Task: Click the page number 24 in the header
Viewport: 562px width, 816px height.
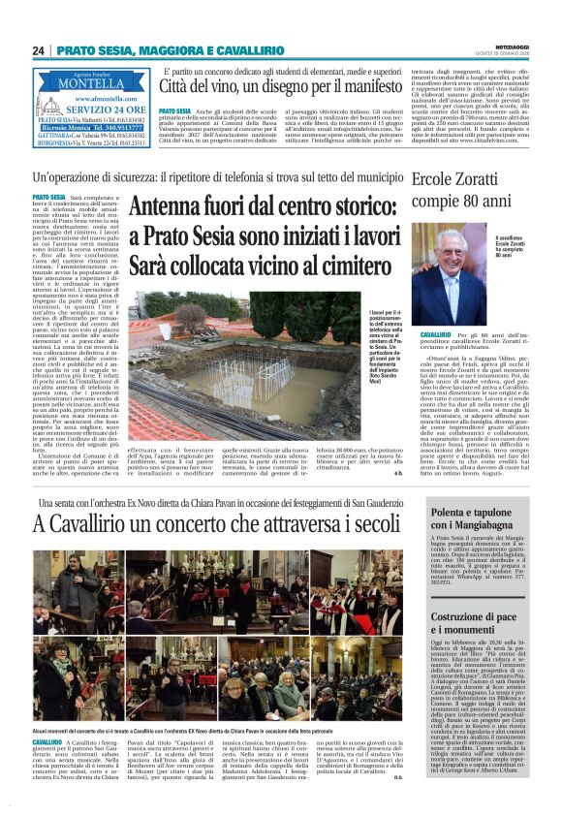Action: point(39,50)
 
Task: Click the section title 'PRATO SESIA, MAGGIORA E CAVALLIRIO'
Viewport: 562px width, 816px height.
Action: point(156,50)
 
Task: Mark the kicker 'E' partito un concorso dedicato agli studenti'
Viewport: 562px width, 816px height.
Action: point(296,71)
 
